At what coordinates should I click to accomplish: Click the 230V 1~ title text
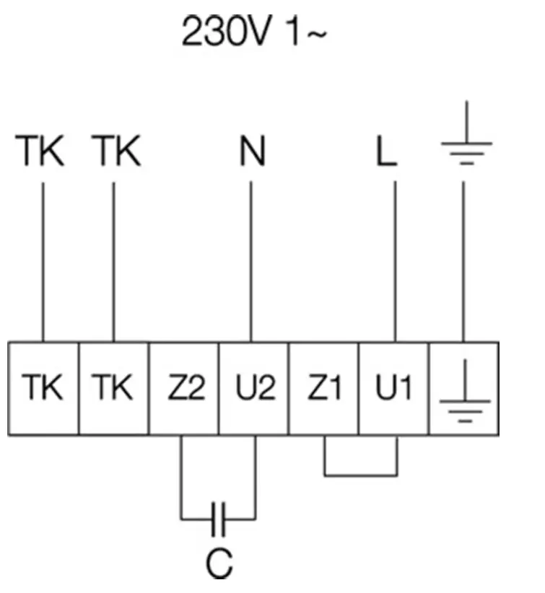click(x=253, y=33)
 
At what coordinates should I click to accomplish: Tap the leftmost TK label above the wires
click(x=42, y=152)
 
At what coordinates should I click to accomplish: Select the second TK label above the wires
click(x=116, y=152)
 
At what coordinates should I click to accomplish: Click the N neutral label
click(x=252, y=152)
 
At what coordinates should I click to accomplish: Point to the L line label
click(x=387, y=153)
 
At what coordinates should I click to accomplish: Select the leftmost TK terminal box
click(x=43, y=389)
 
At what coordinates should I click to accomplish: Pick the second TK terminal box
click(x=113, y=389)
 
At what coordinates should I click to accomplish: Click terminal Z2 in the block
click(x=183, y=389)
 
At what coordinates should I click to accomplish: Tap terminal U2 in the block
click(x=253, y=389)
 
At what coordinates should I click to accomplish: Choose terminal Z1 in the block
click(x=324, y=389)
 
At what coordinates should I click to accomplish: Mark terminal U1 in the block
click(x=394, y=389)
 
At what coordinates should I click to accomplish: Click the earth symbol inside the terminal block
click(x=465, y=393)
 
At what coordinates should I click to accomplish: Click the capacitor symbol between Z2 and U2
click(x=219, y=518)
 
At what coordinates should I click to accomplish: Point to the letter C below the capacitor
click(x=219, y=565)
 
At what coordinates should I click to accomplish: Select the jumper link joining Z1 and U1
click(x=360, y=475)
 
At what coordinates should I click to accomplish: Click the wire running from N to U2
click(x=251, y=260)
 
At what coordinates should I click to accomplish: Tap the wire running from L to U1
click(x=394, y=260)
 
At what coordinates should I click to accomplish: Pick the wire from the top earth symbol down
click(x=464, y=260)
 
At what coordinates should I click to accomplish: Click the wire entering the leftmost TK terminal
click(x=43, y=260)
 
